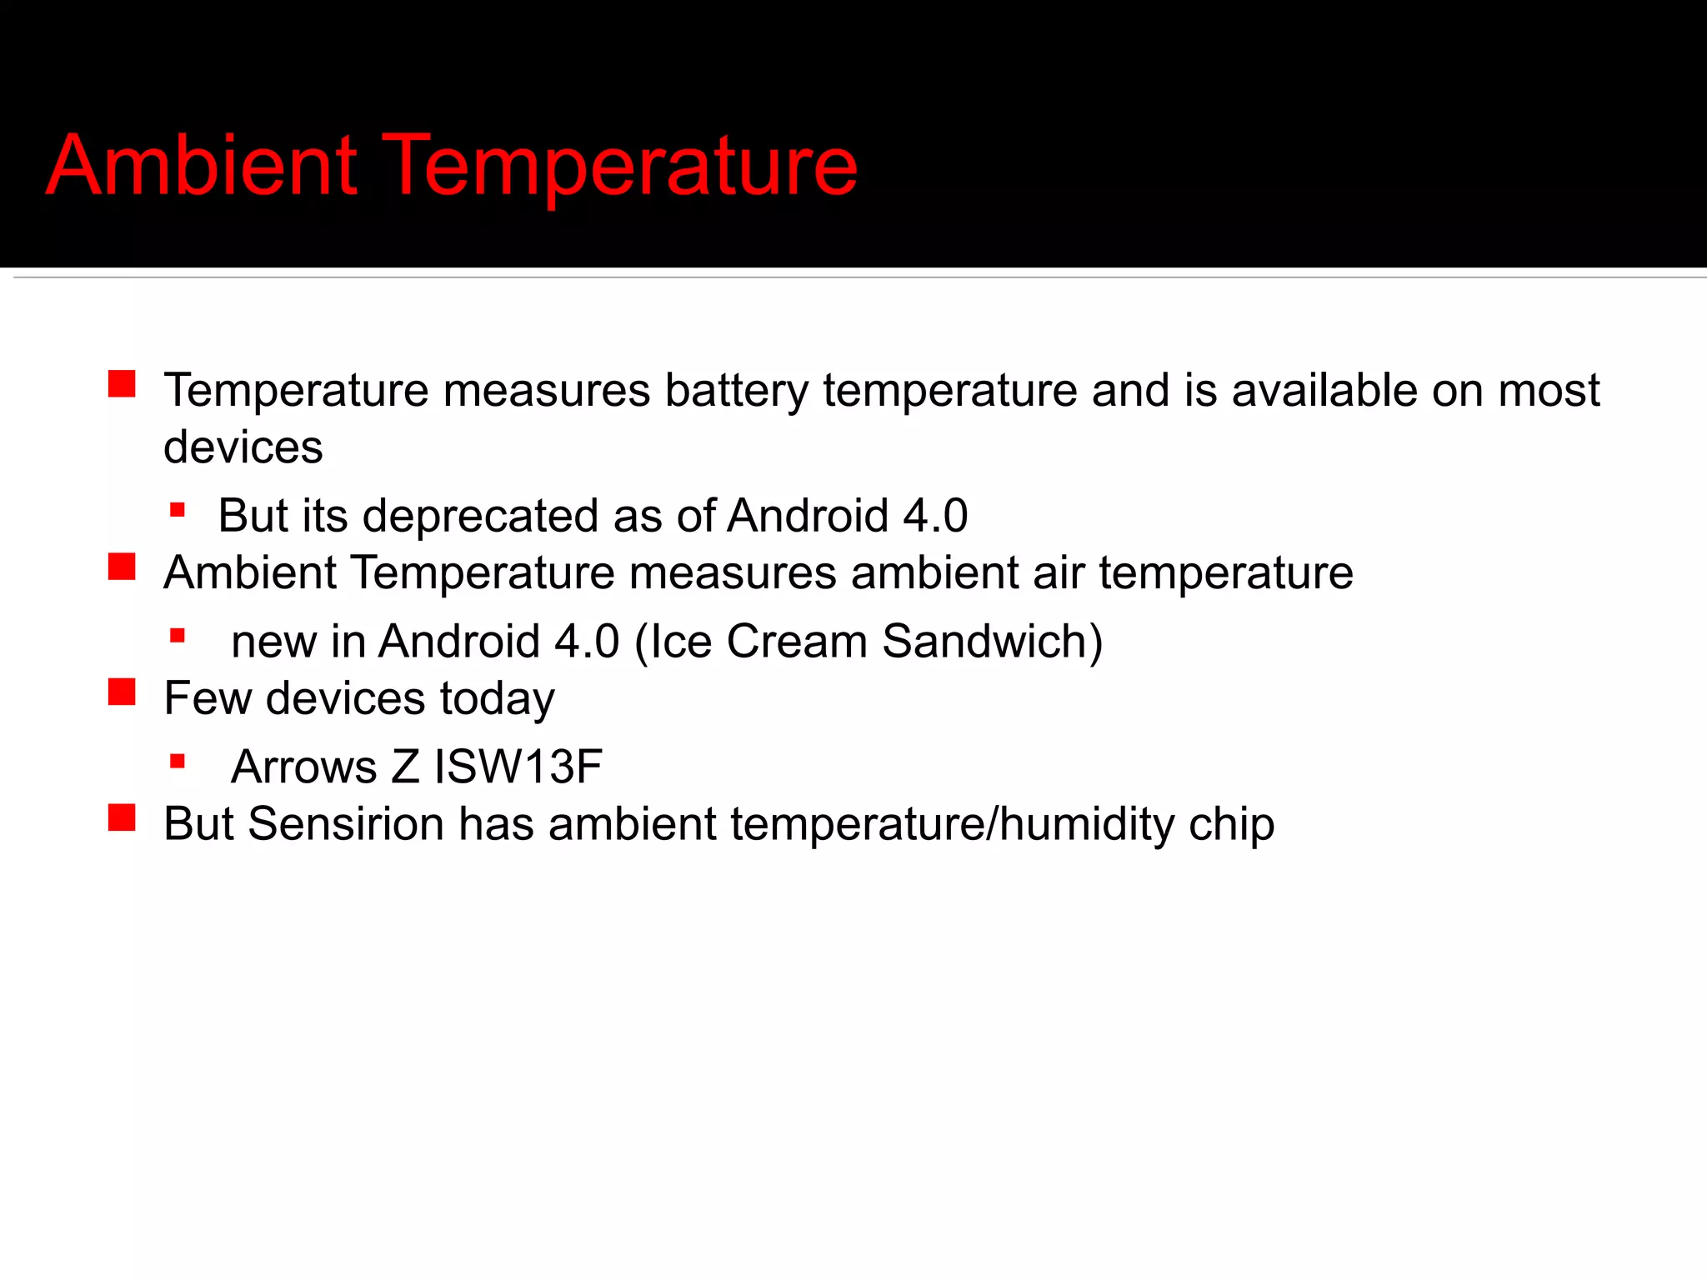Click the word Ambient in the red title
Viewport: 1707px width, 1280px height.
point(203,166)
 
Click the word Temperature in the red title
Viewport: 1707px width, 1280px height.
point(621,167)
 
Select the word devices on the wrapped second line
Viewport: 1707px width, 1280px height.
point(243,447)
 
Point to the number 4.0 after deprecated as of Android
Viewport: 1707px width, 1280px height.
point(935,516)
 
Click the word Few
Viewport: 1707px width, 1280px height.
point(208,698)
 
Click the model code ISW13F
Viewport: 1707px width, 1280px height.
point(518,767)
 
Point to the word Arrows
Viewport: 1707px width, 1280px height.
point(303,767)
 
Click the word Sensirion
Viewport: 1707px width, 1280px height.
point(346,824)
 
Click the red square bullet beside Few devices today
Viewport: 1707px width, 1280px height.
point(122,692)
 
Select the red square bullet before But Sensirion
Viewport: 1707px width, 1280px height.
point(122,817)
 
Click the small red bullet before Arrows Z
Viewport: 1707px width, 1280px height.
point(177,761)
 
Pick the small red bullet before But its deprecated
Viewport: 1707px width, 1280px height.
point(177,510)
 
